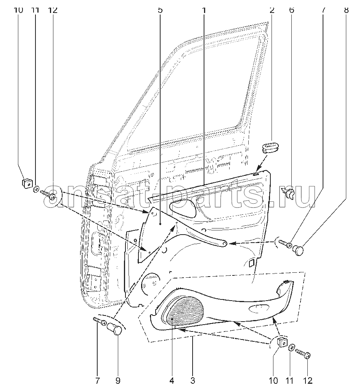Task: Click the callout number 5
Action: pyautogui.click(x=160, y=10)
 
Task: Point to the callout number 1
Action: pyautogui.click(x=204, y=10)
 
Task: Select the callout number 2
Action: pyautogui.click(x=272, y=10)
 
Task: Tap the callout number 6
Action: pyautogui.click(x=291, y=10)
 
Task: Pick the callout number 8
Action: pyautogui.click(x=346, y=10)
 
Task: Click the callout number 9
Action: pyautogui.click(x=118, y=381)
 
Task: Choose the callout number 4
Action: pyautogui.click(x=172, y=381)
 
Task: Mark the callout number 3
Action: pyautogui.click(x=193, y=381)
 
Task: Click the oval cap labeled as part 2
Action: pyautogui.click(x=270, y=147)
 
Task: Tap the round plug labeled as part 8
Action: pyautogui.click(x=298, y=250)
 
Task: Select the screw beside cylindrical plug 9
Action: pyautogui.click(x=100, y=321)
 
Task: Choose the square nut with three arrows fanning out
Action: pyautogui.click(x=282, y=343)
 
